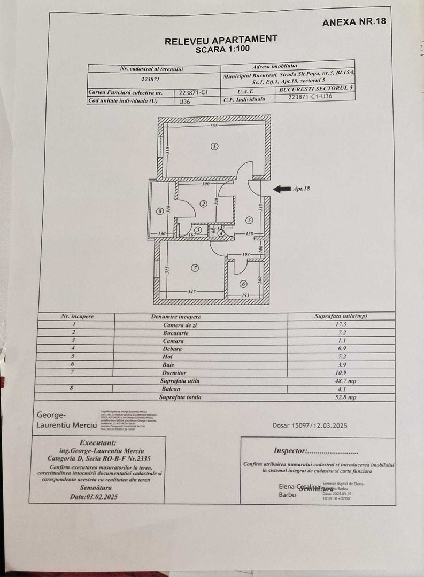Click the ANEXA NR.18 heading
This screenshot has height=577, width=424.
pos(354,22)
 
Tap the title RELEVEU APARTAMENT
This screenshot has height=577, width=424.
pos(221,40)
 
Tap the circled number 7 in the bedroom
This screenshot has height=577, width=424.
pos(195,268)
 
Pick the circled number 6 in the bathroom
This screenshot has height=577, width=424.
pos(243,284)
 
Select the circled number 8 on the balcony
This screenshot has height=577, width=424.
pos(159,212)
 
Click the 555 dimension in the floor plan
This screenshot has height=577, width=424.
pos(214,126)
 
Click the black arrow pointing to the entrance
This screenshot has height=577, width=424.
pos(281,189)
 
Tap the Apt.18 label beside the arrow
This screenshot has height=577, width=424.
pos(302,189)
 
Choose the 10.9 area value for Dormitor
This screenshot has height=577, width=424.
pos(341,372)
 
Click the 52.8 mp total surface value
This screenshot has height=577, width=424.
pos(341,397)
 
